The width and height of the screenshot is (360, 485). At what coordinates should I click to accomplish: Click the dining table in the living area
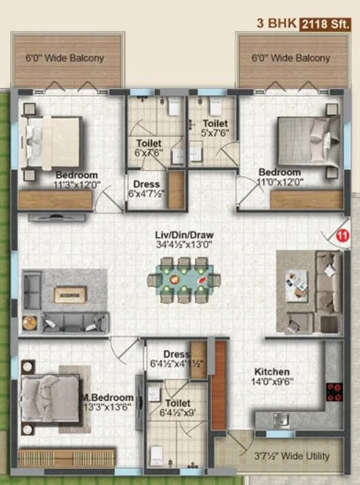pos(183,279)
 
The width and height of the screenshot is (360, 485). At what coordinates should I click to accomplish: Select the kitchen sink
pos(279,419)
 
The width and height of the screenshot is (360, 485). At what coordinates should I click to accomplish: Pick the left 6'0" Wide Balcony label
pos(65,58)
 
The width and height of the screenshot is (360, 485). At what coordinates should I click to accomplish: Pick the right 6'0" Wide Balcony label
pos(290,58)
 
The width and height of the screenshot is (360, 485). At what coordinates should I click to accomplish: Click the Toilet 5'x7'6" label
pos(214,128)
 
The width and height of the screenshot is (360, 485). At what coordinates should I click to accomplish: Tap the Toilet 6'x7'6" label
pos(149,148)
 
